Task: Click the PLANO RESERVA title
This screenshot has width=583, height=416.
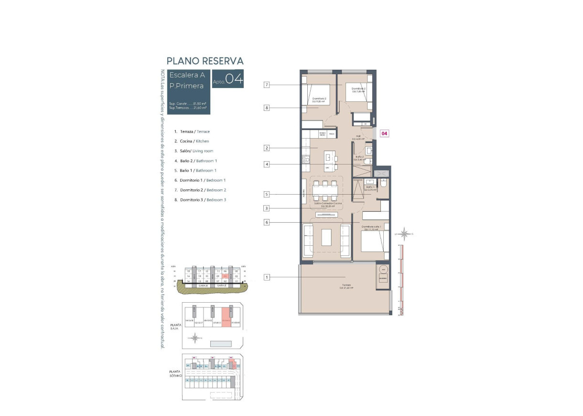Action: pos(205,61)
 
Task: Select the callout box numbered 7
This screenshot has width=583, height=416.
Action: pos(267,85)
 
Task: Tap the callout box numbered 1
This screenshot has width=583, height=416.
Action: pos(267,277)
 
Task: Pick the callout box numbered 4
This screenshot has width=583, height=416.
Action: pos(267,164)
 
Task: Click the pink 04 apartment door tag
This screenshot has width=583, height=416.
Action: pos(384,133)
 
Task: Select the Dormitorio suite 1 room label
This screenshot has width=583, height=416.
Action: pos(371,228)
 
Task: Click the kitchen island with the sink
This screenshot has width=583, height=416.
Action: pos(327,162)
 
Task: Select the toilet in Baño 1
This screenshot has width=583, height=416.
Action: pos(384,183)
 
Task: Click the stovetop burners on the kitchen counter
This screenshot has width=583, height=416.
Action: pos(305,160)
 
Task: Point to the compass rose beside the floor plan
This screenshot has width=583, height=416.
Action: pos(405,234)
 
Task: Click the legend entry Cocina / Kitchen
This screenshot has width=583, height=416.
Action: pos(192,141)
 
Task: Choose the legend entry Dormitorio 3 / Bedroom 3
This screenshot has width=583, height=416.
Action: pos(200,200)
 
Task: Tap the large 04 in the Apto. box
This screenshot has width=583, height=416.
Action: pos(234,79)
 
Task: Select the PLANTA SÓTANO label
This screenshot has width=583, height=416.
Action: pos(175,373)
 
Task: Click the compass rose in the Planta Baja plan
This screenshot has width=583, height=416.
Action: pos(195,338)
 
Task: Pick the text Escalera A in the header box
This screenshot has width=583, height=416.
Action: pos(187,75)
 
